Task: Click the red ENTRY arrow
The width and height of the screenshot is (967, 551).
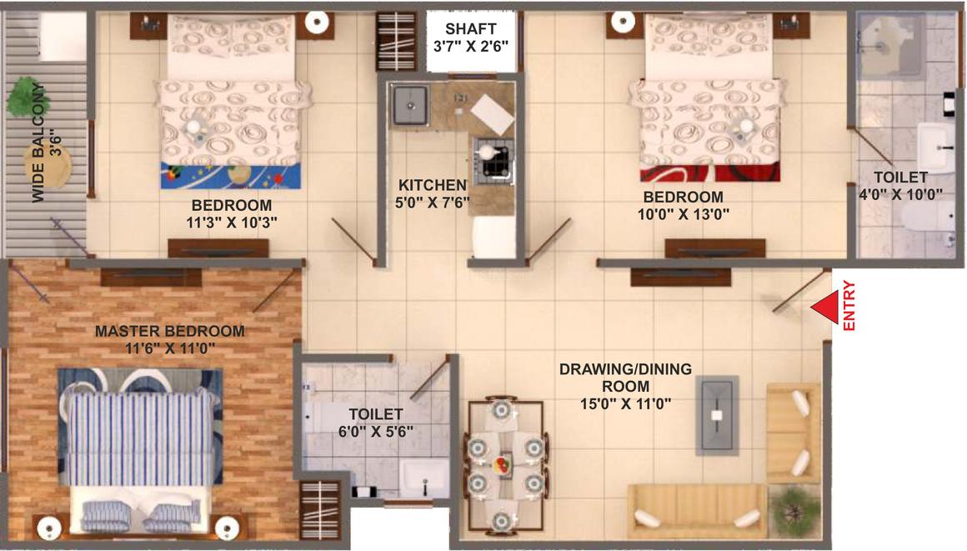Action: tap(825, 307)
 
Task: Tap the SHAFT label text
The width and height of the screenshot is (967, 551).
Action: tap(470, 29)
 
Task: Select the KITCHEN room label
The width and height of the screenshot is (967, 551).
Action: tap(433, 184)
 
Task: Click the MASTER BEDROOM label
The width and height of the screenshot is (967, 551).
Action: tap(169, 331)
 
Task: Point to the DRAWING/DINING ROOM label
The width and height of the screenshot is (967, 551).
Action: tap(625, 378)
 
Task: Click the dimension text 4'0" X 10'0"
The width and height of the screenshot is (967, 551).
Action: tap(900, 194)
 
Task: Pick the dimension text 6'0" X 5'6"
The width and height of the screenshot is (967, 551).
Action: tap(376, 431)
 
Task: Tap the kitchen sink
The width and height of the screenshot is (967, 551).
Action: tap(410, 105)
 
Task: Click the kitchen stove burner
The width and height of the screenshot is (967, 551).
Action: tap(494, 158)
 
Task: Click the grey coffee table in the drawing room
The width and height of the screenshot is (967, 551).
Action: tap(717, 415)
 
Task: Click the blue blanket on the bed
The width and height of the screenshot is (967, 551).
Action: tap(231, 175)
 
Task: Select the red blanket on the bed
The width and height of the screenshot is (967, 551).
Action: tap(710, 173)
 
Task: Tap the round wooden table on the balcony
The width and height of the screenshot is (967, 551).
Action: tap(48, 165)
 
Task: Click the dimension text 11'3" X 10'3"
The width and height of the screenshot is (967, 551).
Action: tap(231, 222)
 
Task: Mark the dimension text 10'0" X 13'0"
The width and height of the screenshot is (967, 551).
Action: tap(684, 214)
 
